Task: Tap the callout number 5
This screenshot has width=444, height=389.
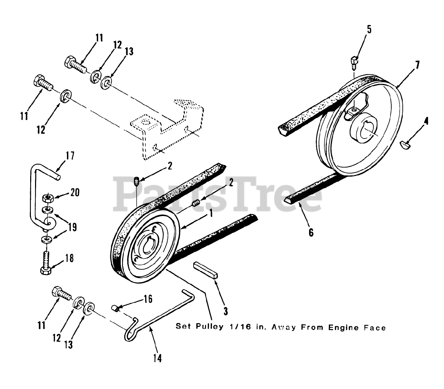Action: point(369,29)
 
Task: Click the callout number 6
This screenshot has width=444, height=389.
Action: point(311,232)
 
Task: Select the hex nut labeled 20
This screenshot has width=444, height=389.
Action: point(46,199)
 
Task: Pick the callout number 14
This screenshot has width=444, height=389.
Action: point(157,358)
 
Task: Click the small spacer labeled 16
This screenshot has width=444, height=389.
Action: point(116,307)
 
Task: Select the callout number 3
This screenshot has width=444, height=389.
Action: point(225,311)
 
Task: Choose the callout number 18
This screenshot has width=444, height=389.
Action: point(70,259)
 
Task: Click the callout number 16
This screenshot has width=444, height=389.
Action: point(148,299)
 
